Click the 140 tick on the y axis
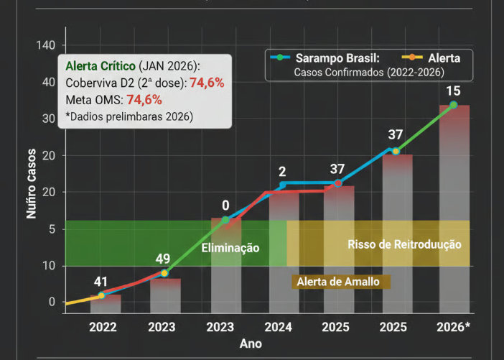(x=45, y=45)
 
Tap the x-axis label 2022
(x=103, y=327)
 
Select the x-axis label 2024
(x=278, y=327)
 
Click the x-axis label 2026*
(x=454, y=327)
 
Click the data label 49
(x=163, y=259)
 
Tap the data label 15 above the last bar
(x=453, y=91)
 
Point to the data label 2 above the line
(x=282, y=172)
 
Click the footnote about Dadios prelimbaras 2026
(x=129, y=115)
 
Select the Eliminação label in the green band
(x=230, y=247)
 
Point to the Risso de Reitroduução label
(x=404, y=244)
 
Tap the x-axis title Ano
(x=251, y=343)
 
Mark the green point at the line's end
(x=453, y=105)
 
